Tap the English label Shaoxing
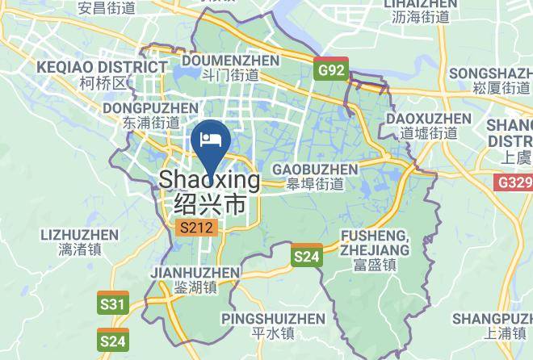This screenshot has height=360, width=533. tap(210, 180)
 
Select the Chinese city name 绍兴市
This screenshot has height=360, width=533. tap(210, 203)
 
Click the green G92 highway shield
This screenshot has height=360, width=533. tap(330, 69)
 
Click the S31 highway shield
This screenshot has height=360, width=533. tap(113, 303)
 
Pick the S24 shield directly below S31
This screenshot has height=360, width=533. tap(113, 341)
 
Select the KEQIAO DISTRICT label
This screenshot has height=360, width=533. tap(101, 66)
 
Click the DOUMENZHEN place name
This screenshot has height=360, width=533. tap(231, 61)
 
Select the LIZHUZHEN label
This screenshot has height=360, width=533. tap(78, 235)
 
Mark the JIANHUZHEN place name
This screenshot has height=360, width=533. tap(195, 273)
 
